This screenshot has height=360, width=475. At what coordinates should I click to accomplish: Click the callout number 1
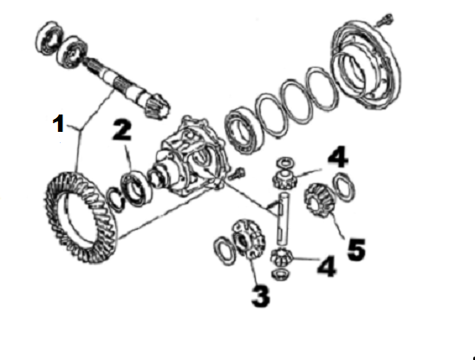[x=58, y=123]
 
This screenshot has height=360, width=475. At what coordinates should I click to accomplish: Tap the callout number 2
[x=122, y=130]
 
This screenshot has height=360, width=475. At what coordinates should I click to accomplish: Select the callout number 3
[x=261, y=296]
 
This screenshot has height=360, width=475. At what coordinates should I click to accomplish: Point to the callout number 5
[x=356, y=249]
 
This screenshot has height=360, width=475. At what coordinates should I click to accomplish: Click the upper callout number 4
[x=338, y=156]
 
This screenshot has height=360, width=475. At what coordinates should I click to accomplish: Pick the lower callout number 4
[x=327, y=266]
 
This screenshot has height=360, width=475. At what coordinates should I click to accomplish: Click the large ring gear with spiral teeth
[x=81, y=217]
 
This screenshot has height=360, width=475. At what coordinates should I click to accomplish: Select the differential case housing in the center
[x=191, y=158]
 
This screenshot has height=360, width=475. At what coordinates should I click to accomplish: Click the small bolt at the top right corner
[x=385, y=19]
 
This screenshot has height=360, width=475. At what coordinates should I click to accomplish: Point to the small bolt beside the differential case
[x=237, y=173]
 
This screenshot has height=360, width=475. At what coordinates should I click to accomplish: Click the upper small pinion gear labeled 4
[x=284, y=180]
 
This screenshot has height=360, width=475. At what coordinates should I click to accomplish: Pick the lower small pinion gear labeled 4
[x=281, y=257]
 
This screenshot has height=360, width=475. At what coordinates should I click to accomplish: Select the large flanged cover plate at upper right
[x=366, y=64]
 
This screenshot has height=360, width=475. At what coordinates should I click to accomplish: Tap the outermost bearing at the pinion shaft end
[x=50, y=38]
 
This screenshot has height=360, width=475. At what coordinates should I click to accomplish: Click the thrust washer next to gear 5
[x=344, y=187]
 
